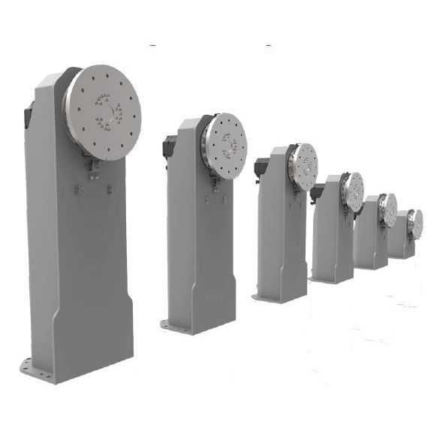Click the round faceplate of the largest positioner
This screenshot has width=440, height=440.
tap(102, 113)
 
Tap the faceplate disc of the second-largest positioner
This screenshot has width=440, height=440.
tap(225, 146)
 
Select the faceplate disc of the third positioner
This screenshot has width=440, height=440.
tap(304, 167)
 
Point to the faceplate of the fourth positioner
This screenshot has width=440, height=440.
tap(352, 191)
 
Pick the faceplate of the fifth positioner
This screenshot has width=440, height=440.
tap(388, 209)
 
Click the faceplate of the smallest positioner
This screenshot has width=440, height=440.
tap(415, 224)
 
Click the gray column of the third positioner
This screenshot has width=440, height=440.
tap(282, 233)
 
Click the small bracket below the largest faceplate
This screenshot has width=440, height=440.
tap(95, 171)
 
